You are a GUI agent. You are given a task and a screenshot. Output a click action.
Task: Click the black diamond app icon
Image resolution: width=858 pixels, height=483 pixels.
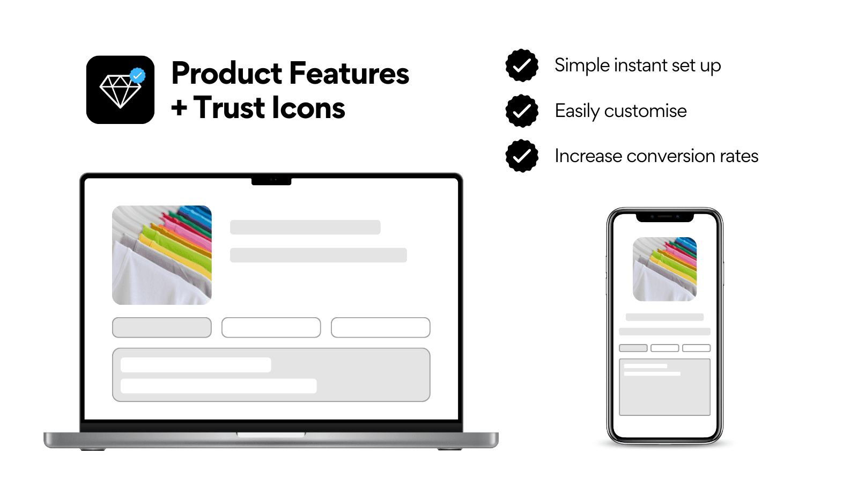[x=120, y=90]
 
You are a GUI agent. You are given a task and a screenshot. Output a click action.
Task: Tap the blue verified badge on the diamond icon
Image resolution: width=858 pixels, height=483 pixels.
[x=138, y=76]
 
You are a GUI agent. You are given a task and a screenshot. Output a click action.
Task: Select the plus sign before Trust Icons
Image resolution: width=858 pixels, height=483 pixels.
[x=179, y=108]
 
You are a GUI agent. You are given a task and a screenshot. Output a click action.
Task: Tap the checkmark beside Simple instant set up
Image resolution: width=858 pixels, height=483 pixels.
[x=522, y=65]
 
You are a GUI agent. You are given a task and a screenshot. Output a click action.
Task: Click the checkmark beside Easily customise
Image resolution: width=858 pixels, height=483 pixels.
[x=522, y=111]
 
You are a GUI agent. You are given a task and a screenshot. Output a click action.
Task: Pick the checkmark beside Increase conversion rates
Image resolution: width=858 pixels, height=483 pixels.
[x=522, y=156]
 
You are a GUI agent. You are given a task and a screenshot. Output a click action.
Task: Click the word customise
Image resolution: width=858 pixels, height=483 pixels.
[x=645, y=111]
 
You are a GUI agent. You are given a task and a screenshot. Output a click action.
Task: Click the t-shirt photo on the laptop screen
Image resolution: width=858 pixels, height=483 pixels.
[x=161, y=255]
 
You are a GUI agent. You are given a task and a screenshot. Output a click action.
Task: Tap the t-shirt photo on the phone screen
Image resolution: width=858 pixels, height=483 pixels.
[x=664, y=269]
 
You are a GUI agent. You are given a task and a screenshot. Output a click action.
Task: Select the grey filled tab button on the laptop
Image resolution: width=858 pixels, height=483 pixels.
[x=161, y=327]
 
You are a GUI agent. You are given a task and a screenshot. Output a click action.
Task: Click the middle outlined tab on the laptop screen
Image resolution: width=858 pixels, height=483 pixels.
[x=271, y=327]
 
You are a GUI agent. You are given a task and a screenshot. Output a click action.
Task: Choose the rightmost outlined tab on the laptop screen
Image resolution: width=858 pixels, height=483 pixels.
[x=380, y=327]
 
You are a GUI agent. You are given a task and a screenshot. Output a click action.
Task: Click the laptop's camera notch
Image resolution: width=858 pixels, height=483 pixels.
[x=271, y=181]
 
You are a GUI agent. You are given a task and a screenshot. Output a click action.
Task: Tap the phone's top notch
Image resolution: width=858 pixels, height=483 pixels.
[x=664, y=217]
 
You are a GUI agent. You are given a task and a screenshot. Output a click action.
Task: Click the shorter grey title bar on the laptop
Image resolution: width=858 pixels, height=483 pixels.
[x=305, y=227]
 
